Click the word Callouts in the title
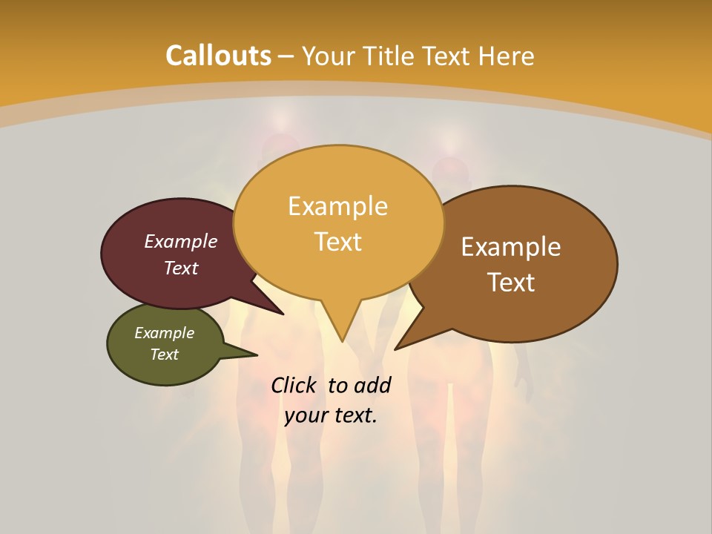click(218, 56)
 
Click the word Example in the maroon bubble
click(181, 242)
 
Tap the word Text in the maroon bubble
click(181, 268)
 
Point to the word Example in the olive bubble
click(164, 333)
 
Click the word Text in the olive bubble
click(164, 355)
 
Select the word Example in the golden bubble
click(337, 206)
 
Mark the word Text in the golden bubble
click(338, 242)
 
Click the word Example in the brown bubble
click(511, 247)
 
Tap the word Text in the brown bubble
click(511, 282)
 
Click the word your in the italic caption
click(306, 415)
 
